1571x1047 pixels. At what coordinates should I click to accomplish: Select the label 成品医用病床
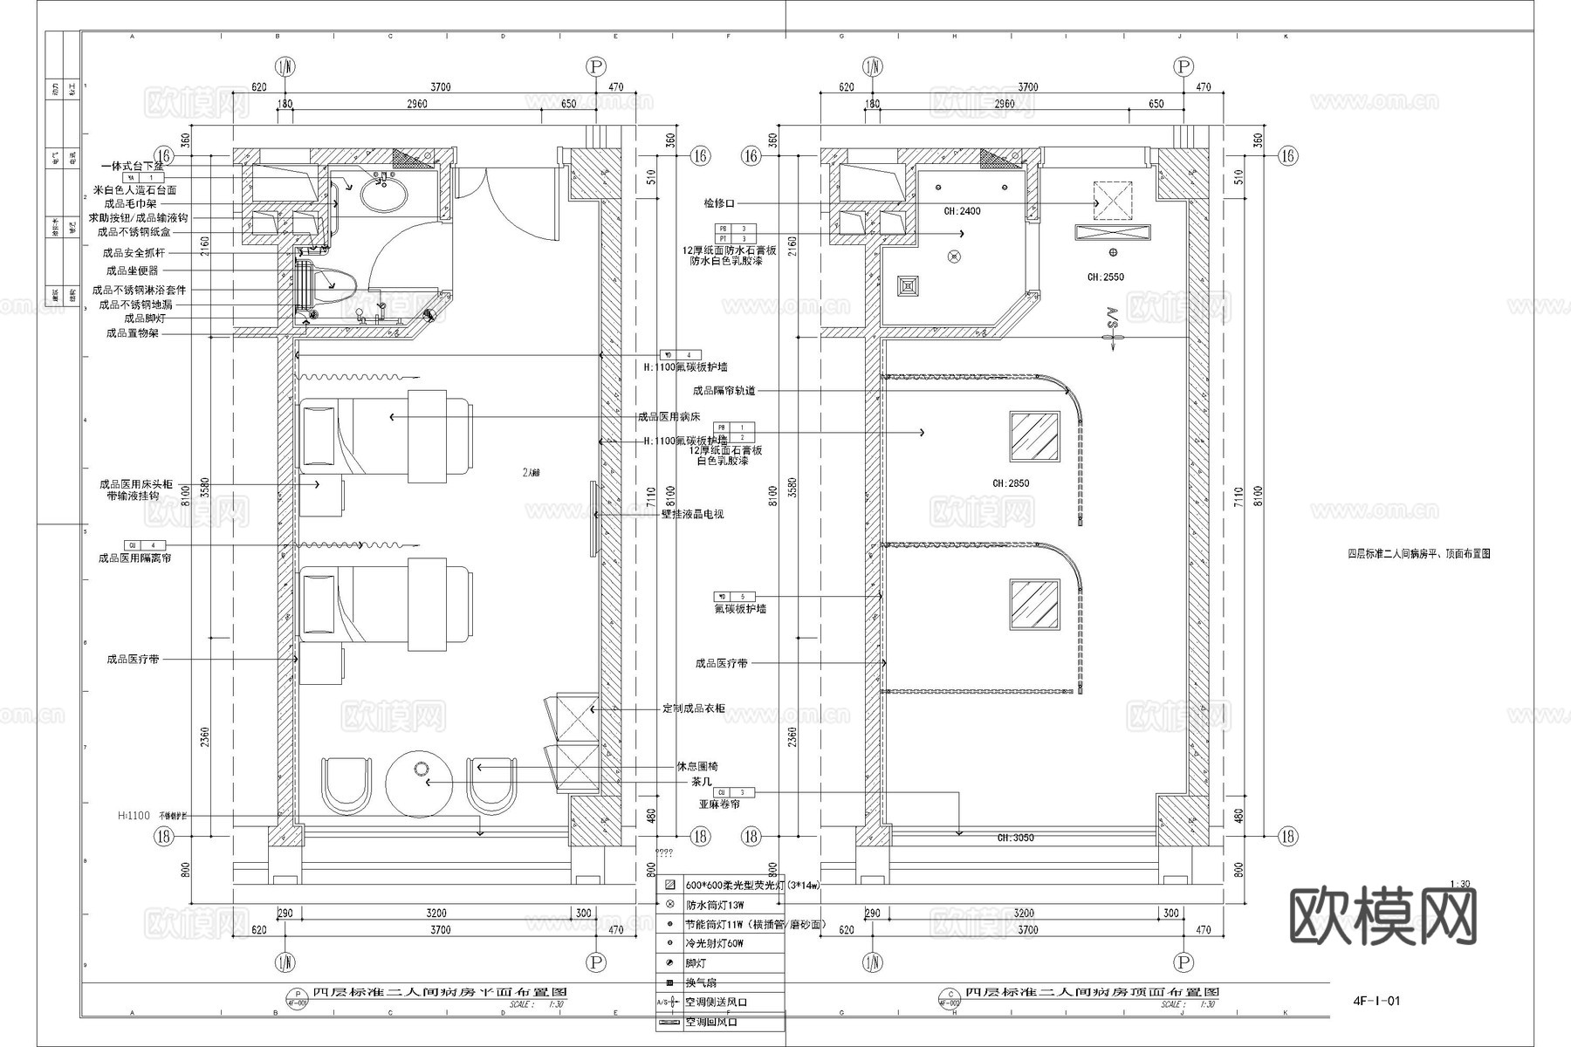click(669, 417)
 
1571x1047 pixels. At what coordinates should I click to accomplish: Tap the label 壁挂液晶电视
click(692, 515)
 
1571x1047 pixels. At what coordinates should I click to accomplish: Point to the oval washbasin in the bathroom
click(384, 195)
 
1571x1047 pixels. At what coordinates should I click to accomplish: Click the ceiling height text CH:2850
click(1011, 483)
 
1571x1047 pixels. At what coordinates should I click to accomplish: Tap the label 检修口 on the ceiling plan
click(719, 203)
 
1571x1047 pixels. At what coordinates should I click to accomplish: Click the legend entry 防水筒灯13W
click(715, 905)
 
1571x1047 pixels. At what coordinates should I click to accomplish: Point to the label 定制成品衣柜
click(694, 708)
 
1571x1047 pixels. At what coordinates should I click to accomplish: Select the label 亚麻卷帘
click(719, 804)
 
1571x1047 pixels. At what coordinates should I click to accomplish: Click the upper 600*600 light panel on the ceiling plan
click(1034, 436)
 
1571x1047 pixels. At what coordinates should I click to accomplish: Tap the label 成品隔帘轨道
click(724, 391)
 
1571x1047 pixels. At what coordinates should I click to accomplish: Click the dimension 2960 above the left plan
click(417, 104)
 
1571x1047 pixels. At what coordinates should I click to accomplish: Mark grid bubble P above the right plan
click(1183, 67)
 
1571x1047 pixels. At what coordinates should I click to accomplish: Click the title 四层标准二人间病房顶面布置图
click(1092, 992)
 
